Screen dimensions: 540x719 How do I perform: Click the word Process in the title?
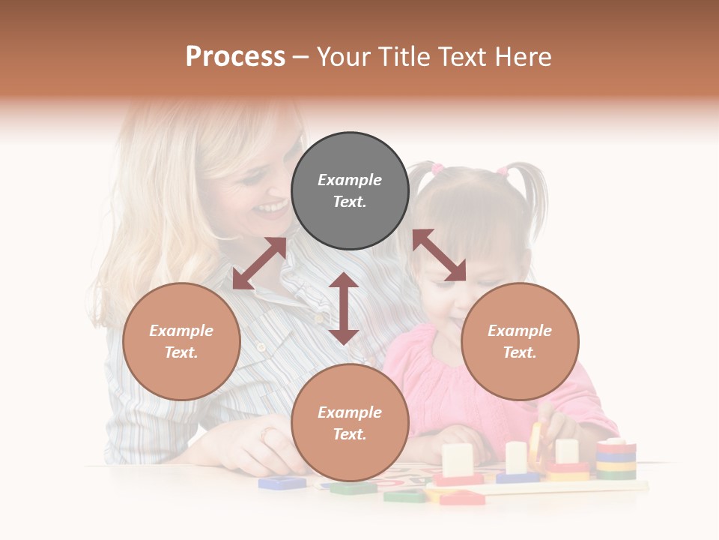tap(235, 57)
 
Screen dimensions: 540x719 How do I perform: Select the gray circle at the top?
tap(350, 190)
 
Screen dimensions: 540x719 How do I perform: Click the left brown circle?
tap(181, 341)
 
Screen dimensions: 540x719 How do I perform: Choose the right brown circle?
tap(520, 341)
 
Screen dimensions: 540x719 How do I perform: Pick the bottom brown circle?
tap(350, 422)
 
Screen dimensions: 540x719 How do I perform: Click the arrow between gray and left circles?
tap(259, 263)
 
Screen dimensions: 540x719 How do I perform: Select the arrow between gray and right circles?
tap(439, 255)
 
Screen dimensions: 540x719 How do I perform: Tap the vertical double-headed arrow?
tap(344, 308)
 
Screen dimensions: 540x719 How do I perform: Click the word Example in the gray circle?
tap(350, 180)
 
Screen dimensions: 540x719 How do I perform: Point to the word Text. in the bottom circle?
tap(350, 434)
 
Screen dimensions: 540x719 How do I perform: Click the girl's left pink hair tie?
tap(437, 169)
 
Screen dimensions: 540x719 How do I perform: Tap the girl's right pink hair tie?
tap(503, 172)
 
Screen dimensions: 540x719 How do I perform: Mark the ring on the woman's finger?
tap(268, 434)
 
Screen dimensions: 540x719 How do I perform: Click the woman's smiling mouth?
tap(271, 207)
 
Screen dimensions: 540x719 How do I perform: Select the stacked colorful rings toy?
tap(616, 459)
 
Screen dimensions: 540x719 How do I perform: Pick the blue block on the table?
tap(282, 482)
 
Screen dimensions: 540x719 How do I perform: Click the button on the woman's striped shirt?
tap(261, 346)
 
